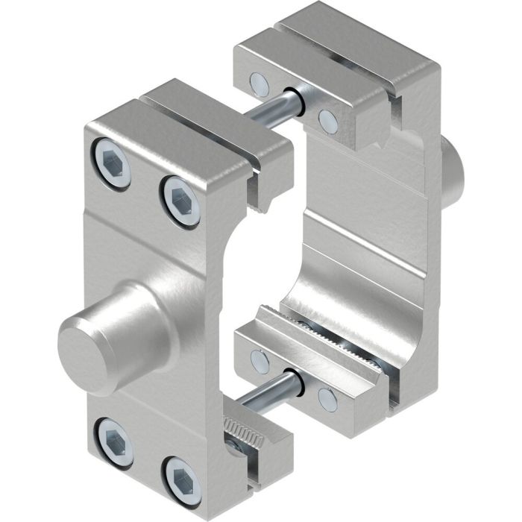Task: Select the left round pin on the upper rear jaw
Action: coord(258,81)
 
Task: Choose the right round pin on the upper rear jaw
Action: coord(327,119)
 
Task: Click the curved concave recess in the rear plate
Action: coord(328,276)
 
